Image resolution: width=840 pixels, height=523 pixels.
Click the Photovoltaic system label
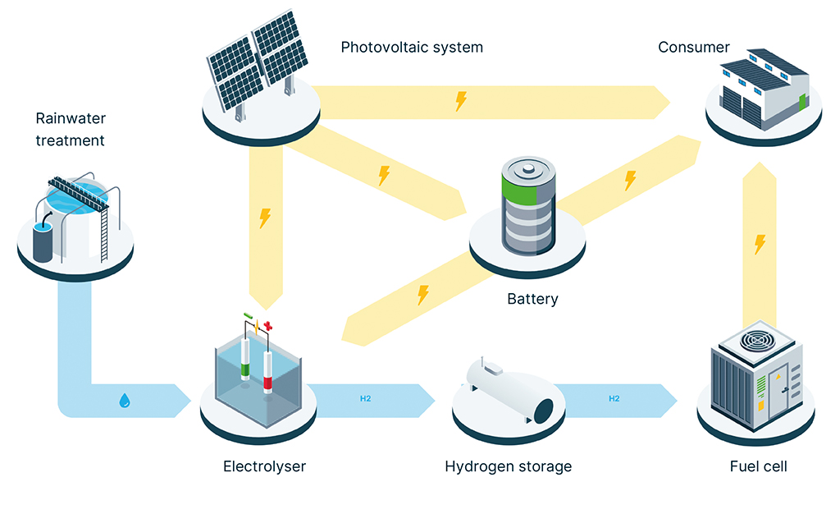(x=412, y=47)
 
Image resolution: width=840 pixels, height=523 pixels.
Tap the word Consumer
(x=693, y=47)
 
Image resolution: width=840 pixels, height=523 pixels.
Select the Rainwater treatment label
(x=70, y=130)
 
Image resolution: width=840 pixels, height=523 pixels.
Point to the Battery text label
(x=532, y=299)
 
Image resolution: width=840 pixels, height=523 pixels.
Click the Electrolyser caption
(x=264, y=466)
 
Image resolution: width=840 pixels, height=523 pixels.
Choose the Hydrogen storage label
(x=508, y=466)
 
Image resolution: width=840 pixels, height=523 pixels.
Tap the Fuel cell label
(x=758, y=466)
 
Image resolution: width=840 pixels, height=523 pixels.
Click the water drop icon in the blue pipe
(x=124, y=401)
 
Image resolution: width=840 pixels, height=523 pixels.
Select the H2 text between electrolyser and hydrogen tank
(x=366, y=399)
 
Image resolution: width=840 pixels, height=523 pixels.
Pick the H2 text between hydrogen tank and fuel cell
(x=614, y=399)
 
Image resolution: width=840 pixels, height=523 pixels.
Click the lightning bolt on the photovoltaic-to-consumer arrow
(x=461, y=101)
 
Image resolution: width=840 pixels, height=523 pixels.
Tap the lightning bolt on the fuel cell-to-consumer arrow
(x=760, y=244)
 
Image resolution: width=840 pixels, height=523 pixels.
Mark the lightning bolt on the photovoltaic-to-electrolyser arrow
(x=264, y=218)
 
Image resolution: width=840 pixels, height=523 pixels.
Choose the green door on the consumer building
(x=801, y=102)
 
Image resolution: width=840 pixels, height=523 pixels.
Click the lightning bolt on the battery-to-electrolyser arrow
(x=423, y=294)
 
